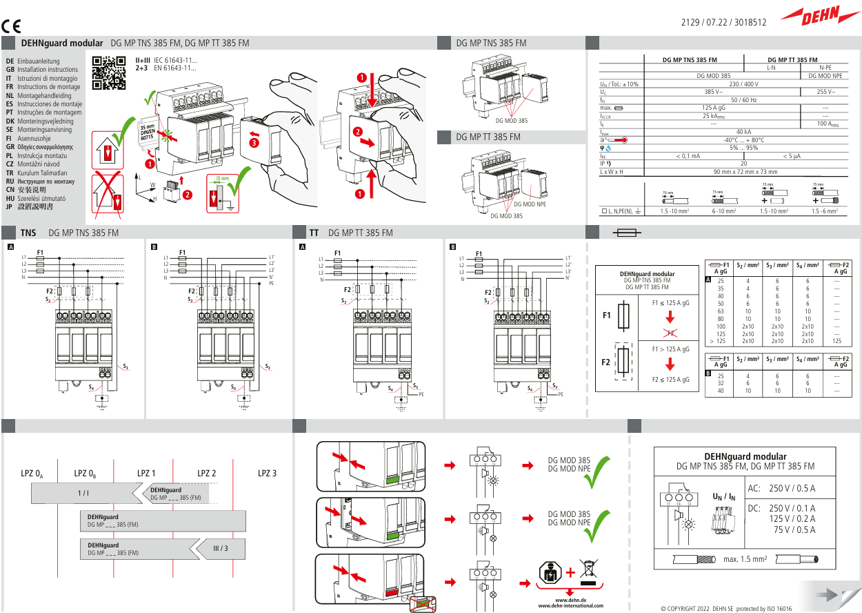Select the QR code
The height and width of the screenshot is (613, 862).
tap(109, 73)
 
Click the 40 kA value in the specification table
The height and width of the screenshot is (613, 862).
tap(744, 132)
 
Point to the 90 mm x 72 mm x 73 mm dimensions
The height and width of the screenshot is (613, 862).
tap(744, 171)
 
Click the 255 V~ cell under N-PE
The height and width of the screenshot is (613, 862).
tap(825, 92)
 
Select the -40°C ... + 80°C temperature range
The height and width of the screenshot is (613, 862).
tap(744, 139)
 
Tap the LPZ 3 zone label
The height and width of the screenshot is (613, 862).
tap(267, 474)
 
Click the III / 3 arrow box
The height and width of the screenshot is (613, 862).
tap(220, 548)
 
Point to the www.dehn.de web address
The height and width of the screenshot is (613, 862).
tap(570, 601)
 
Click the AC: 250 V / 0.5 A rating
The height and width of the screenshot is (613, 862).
tap(781, 489)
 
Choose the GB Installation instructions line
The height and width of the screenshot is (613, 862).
tap(43, 70)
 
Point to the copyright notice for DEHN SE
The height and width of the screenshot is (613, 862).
tap(725, 609)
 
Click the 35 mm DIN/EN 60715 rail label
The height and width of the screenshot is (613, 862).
tap(148, 133)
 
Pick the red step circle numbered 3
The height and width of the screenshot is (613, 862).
tap(254, 143)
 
